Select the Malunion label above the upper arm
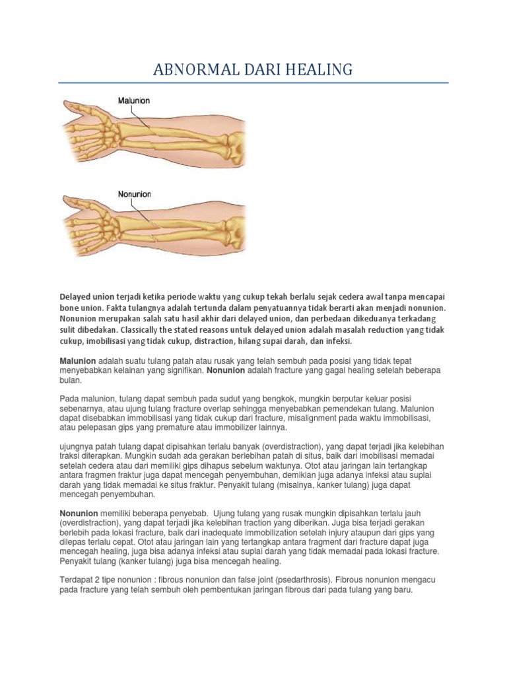pyautogui.click(x=134, y=100)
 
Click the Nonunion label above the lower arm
pyautogui.click(x=134, y=195)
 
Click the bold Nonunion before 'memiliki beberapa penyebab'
pyautogui.click(x=79, y=513)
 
